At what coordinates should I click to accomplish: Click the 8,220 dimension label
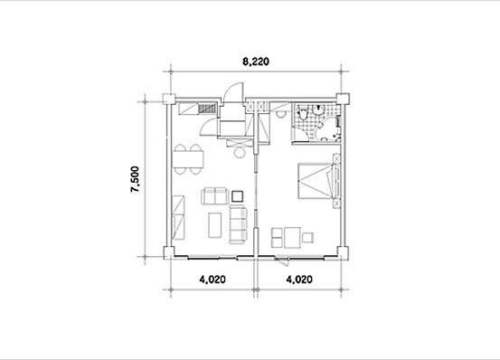(256, 62)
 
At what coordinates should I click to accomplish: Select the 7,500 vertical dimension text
(135, 179)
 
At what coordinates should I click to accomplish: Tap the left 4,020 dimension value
(212, 279)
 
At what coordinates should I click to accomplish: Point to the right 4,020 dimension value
(299, 279)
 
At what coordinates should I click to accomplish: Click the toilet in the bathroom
(302, 114)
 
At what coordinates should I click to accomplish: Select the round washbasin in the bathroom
(318, 109)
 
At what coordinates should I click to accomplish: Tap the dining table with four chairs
(188, 159)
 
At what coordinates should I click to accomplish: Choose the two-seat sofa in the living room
(215, 196)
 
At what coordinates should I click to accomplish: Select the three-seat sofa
(238, 224)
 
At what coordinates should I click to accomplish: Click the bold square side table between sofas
(237, 196)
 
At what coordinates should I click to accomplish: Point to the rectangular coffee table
(215, 225)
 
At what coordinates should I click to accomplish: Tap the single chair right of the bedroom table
(308, 238)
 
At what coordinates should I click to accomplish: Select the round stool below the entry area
(240, 153)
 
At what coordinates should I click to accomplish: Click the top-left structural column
(169, 99)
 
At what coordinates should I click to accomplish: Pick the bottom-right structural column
(343, 252)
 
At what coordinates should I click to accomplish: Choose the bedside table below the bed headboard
(336, 204)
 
